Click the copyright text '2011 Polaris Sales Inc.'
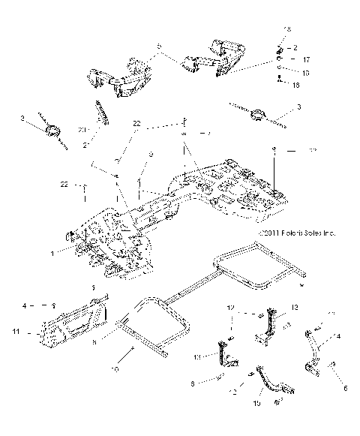pos(296,234)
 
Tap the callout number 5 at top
pos(158,47)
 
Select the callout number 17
pos(306,58)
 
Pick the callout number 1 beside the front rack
pos(52,254)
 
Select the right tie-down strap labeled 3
pos(261,115)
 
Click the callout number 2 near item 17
pos(295,47)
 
